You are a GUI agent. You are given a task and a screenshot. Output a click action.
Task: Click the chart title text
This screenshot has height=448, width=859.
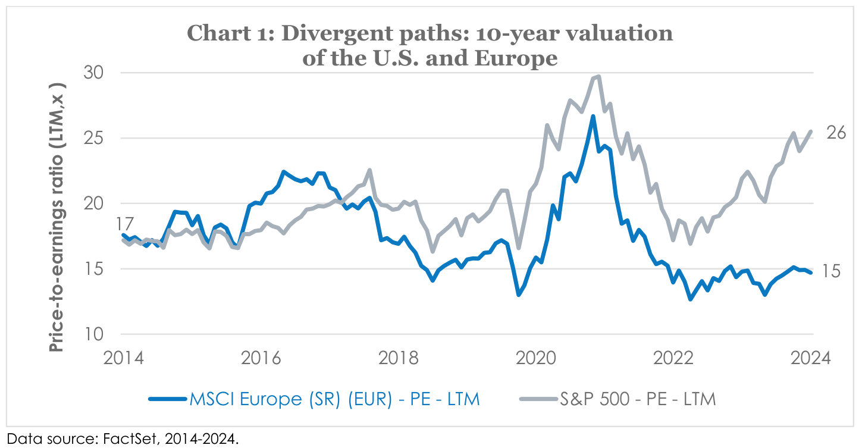click(x=430, y=45)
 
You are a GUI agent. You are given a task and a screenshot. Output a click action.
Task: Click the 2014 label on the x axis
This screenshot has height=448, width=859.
click(x=123, y=359)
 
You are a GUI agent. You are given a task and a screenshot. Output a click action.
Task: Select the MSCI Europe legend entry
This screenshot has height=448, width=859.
click(x=314, y=399)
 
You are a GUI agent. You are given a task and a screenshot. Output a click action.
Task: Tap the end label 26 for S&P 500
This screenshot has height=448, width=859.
click(x=836, y=133)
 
